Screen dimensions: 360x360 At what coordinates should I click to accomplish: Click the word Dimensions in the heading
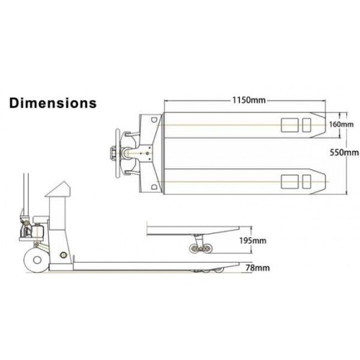[52, 105]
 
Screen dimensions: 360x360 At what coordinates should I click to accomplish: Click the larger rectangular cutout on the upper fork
[288, 125]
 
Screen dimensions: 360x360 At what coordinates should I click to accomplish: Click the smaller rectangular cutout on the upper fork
[305, 125]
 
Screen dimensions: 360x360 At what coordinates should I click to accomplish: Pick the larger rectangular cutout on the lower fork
[288, 181]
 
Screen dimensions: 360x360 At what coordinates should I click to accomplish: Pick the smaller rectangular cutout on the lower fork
[305, 181]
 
